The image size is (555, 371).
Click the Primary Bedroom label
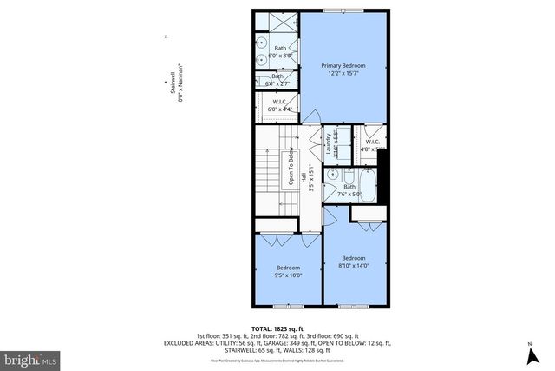coord(343,66)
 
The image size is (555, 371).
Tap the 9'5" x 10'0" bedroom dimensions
coord(288,276)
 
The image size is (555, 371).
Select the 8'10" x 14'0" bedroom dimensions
coord(354,267)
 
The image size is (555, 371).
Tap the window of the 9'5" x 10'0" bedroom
coord(288,307)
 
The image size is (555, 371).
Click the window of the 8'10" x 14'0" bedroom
coord(354,307)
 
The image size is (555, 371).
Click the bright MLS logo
coord(31,358)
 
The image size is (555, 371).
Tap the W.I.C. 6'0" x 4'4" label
coord(280,105)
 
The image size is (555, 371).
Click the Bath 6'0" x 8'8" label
coord(280,51)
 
